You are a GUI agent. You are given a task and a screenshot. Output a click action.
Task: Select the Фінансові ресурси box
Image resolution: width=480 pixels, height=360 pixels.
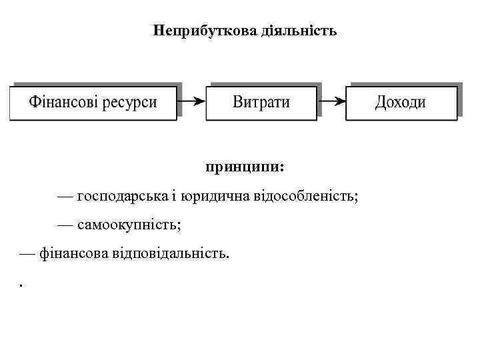[x=93, y=103]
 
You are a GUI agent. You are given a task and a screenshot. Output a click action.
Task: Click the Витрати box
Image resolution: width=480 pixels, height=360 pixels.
[x=261, y=103]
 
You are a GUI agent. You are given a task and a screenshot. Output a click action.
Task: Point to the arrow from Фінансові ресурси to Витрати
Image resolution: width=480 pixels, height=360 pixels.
[x=191, y=101]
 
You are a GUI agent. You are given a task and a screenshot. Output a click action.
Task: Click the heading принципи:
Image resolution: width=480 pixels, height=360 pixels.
[x=245, y=166]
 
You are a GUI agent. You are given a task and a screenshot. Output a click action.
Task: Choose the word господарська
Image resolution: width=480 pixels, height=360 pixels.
[x=117, y=196]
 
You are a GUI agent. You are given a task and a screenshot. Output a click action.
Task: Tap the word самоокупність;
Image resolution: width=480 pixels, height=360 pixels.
[x=129, y=225]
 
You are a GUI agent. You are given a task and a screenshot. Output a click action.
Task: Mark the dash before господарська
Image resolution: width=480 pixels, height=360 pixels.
[x=65, y=197]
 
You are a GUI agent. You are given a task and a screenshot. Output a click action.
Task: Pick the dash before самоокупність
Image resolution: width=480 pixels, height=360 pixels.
[x=65, y=225]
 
